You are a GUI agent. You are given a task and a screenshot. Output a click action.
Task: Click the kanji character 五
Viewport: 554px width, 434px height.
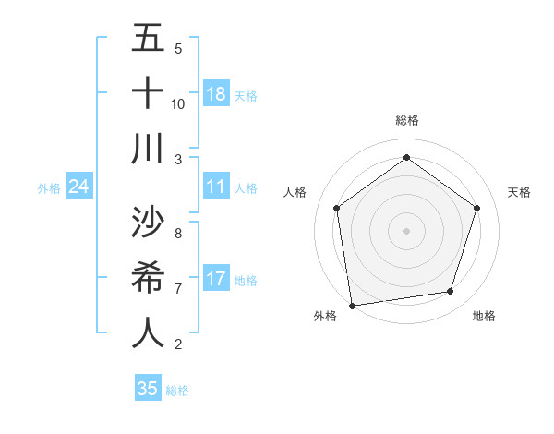[148, 39]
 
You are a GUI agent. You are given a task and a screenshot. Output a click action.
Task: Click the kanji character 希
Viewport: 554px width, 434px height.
[148, 278]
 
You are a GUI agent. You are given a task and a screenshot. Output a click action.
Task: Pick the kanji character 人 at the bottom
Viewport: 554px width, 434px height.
[148, 333]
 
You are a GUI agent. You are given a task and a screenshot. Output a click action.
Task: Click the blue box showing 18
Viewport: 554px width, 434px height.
[216, 94]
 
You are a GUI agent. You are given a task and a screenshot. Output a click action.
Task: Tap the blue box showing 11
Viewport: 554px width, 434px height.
[216, 187]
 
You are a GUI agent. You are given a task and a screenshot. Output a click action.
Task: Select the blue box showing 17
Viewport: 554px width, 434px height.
[216, 279]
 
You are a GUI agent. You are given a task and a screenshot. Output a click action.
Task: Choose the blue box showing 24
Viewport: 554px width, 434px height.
[79, 187]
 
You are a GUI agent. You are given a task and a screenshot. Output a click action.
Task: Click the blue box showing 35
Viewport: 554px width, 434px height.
[148, 389]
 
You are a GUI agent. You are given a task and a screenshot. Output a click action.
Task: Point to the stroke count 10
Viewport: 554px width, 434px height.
[178, 103]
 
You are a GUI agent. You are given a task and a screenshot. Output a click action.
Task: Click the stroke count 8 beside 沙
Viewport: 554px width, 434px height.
[177, 234]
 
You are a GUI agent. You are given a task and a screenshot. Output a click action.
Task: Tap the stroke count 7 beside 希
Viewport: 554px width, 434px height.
[177, 289]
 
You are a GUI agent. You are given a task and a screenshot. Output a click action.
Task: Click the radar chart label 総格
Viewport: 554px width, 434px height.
[406, 120]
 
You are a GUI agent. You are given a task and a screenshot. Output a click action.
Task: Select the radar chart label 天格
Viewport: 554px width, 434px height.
[519, 192]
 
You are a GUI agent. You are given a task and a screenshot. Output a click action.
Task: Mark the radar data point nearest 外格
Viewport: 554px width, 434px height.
[352, 305]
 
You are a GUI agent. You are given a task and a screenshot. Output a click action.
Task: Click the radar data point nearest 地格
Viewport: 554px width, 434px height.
[451, 292]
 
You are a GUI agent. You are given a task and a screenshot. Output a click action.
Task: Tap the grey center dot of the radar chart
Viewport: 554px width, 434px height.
[406, 230]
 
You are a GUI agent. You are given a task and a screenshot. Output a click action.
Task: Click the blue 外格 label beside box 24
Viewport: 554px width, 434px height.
[49, 188]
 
